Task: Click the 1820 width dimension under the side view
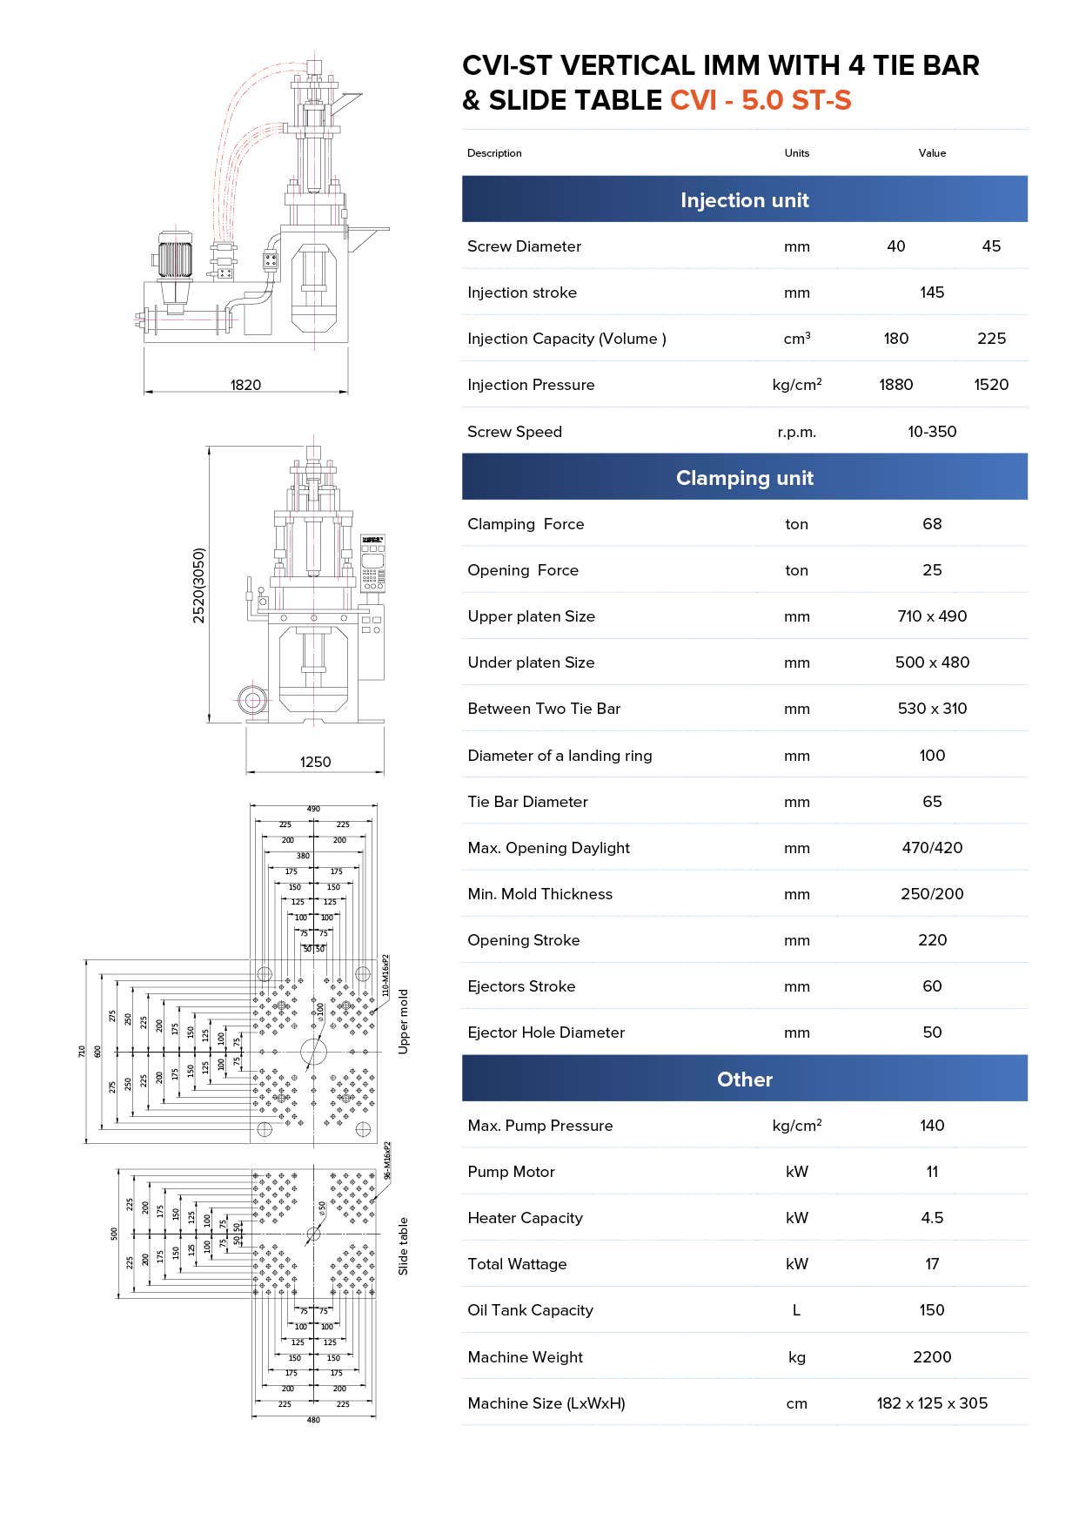click(245, 385)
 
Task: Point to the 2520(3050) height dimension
click(199, 585)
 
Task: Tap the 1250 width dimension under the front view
click(315, 762)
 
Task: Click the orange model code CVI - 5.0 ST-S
click(761, 101)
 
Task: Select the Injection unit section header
click(744, 200)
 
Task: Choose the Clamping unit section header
click(744, 478)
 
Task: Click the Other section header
click(744, 1080)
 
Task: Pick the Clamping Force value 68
click(932, 524)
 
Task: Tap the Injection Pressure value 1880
click(895, 385)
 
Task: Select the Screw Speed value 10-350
click(932, 432)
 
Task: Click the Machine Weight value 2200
click(932, 1357)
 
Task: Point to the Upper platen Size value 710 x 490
click(932, 616)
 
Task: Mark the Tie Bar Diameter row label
click(527, 802)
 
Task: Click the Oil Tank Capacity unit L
click(796, 1310)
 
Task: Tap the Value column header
click(932, 153)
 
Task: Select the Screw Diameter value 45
click(991, 246)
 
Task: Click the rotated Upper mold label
click(403, 1021)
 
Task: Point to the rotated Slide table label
click(403, 1246)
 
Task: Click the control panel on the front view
click(372, 564)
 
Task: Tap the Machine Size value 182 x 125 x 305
click(932, 1403)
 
